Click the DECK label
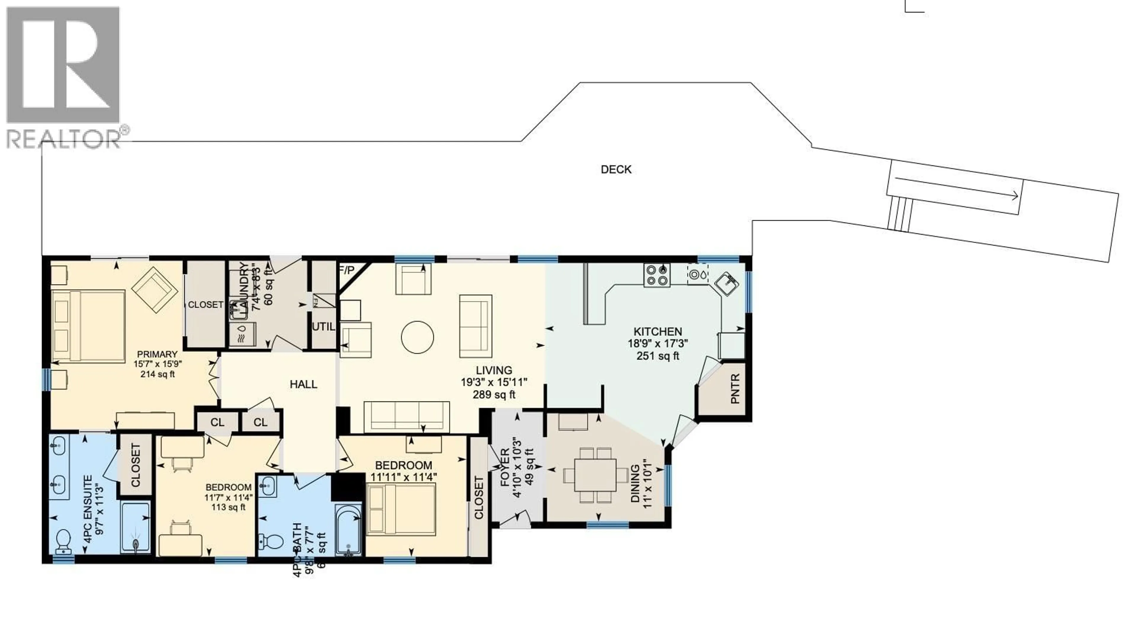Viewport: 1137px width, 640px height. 616,169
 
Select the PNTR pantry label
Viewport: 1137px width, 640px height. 735,389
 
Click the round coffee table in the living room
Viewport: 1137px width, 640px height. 417,337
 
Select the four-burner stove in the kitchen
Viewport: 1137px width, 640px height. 656,275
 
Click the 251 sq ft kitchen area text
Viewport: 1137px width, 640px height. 658,356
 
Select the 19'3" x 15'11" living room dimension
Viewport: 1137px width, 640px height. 494,382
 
